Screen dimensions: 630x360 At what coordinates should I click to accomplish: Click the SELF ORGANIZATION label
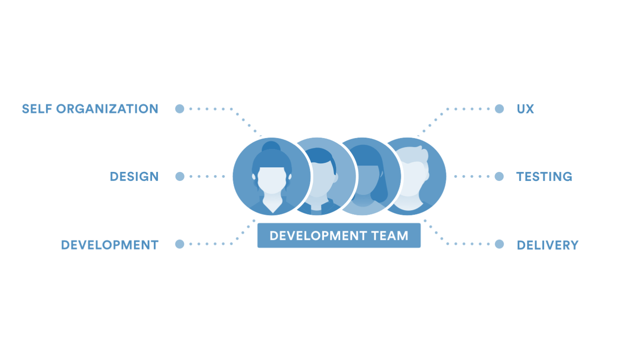pyautogui.click(x=90, y=109)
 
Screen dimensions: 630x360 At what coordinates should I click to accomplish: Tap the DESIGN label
pyautogui.click(x=134, y=176)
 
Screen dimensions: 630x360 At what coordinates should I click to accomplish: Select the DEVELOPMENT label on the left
pyautogui.click(x=110, y=245)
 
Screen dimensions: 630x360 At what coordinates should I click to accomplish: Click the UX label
pyautogui.click(x=526, y=109)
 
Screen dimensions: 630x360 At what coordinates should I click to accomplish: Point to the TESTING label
pyautogui.click(x=544, y=176)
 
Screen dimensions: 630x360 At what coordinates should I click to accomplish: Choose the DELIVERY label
pyautogui.click(x=548, y=245)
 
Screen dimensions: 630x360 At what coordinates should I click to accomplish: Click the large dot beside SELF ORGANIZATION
pyautogui.click(x=180, y=108)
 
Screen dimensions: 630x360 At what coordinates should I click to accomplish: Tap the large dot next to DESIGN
pyautogui.click(x=180, y=176)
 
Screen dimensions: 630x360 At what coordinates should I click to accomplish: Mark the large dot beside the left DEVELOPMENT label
pyautogui.click(x=180, y=244)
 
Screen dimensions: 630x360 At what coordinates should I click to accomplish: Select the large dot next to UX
pyautogui.click(x=499, y=108)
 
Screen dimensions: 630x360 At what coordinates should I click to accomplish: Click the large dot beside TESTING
pyautogui.click(x=499, y=176)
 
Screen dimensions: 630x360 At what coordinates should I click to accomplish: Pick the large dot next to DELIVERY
pyautogui.click(x=499, y=244)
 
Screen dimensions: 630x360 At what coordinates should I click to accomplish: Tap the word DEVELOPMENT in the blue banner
pyautogui.click(x=318, y=236)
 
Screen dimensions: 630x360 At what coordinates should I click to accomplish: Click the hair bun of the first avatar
pyautogui.click(x=271, y=146)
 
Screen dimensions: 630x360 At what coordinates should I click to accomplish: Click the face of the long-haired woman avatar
pyautogui.click(x=364, y=180)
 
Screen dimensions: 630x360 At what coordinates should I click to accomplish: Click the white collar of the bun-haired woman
pyautogui.click(x=272, y=205)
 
